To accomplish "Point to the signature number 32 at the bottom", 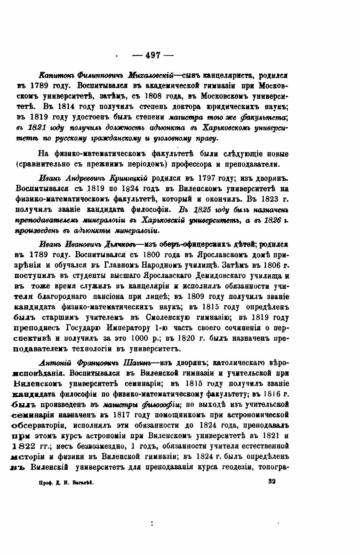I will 272,482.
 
